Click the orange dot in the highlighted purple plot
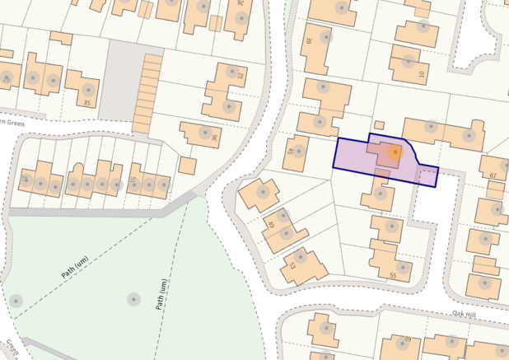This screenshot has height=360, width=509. point(395,152)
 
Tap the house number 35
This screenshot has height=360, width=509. point(86,102)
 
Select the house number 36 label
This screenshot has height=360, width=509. point(214,138)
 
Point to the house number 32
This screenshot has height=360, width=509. point(240,76)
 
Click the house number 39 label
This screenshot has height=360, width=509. point(309,40)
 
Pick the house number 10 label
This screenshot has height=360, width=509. point(421,74)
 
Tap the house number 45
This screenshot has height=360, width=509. point(290,152)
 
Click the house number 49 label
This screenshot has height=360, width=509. point(271,225)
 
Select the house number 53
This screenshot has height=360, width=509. point(291,265)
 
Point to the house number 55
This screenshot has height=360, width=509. point(393,274)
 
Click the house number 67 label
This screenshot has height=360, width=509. point(493,175)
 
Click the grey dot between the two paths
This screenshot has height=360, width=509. point(133,299)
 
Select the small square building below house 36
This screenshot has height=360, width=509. point(188,166)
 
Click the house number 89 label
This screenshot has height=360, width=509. point(407,339)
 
